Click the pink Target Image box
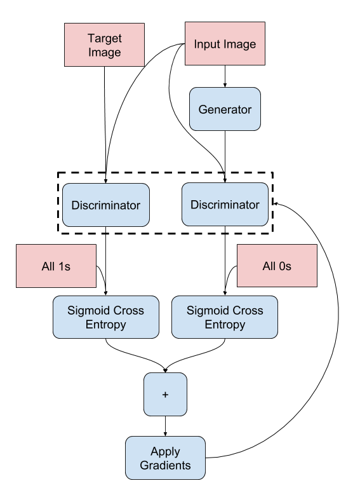[x=104, y=45]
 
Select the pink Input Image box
[x=225, y=44]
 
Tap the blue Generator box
[x=225, y=109]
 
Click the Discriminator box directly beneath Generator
[x=225, y=205]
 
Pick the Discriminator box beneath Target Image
[x=105, y=205]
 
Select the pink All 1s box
[x=56, y=266]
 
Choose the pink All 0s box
[x=277, y=266]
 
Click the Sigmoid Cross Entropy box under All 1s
[x=105, y=317]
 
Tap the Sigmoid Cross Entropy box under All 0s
[x=225, y=317]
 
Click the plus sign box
[x=165, y=395]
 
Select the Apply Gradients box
[x=165, y=458]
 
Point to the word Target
[x=104, y=39]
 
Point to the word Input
[x=206, y=44]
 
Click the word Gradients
[x=165, y=465]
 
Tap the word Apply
[x=165, y=452]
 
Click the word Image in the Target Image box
[x=104, y=52]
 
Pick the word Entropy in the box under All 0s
[x=225, y=324]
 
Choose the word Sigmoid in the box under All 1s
[x=88, y=311]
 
